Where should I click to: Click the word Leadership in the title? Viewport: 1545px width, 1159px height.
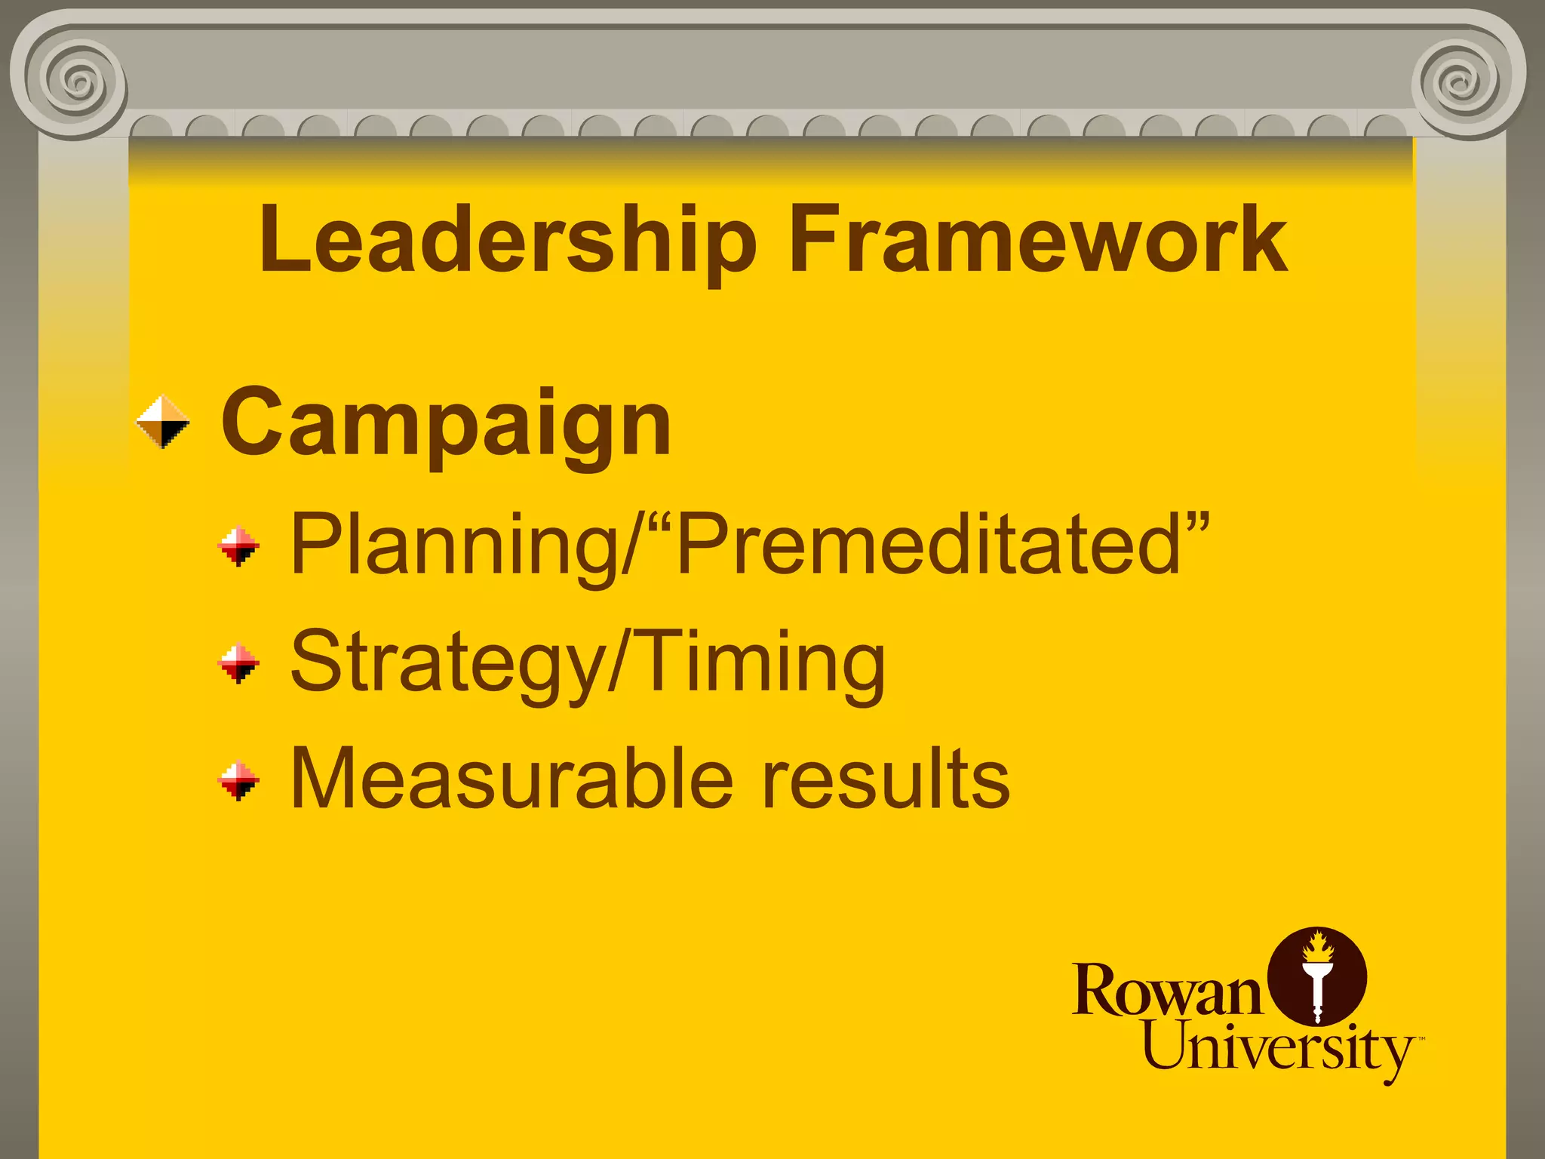tap(508, 240)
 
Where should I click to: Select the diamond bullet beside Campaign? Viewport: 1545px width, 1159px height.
tap(163, 422)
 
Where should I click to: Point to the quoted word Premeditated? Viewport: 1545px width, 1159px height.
tap(928, 543)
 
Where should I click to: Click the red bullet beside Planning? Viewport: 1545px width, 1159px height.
tap(238, 546)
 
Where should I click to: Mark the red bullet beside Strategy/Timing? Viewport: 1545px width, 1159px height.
tap(238, 663)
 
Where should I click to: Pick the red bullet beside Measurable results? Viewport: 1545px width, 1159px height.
tap(238, 780)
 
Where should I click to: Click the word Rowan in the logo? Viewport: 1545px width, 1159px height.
tap(1166, 990)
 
